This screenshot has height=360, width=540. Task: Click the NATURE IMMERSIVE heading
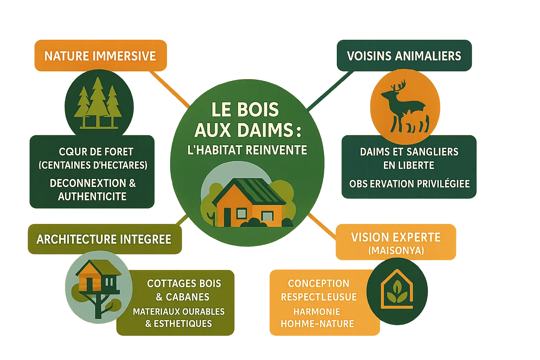pos(100,56)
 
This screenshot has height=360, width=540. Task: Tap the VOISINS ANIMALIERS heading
pos(404,56)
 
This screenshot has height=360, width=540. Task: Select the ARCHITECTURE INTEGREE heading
pos(104,239)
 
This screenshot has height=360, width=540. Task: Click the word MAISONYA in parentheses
pos(396,251)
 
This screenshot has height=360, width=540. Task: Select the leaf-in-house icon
pos(397,290)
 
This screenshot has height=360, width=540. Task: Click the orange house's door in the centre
pos(227,217)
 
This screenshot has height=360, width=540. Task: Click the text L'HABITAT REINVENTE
pos(247,150)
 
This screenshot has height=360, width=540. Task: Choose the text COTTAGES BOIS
pos(184,283)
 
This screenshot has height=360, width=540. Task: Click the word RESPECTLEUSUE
pos(319,297)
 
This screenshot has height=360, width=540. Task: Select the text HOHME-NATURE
pos(317,324)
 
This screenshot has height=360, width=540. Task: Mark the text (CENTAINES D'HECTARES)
pos(93,165)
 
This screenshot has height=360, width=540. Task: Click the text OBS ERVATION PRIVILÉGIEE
pos(409,184)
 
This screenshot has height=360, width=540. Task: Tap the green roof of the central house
pos(258,190)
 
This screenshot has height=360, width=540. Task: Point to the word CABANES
pos(187,297)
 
